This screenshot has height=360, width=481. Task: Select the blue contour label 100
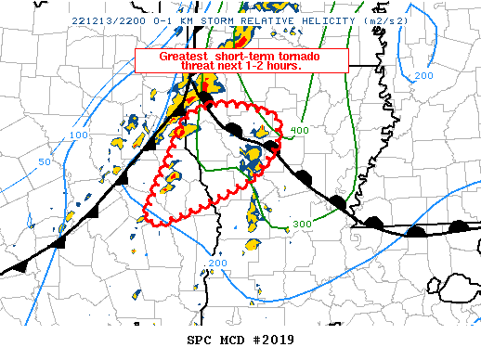click(x=80, y=135)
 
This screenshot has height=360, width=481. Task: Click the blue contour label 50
click(x=44, y=162)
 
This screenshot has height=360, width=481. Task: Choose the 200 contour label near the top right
click(x=423, y=75)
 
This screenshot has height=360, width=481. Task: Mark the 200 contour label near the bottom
click(x=217, y=264)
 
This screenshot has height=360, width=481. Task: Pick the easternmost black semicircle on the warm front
click(x=459, y=226)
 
